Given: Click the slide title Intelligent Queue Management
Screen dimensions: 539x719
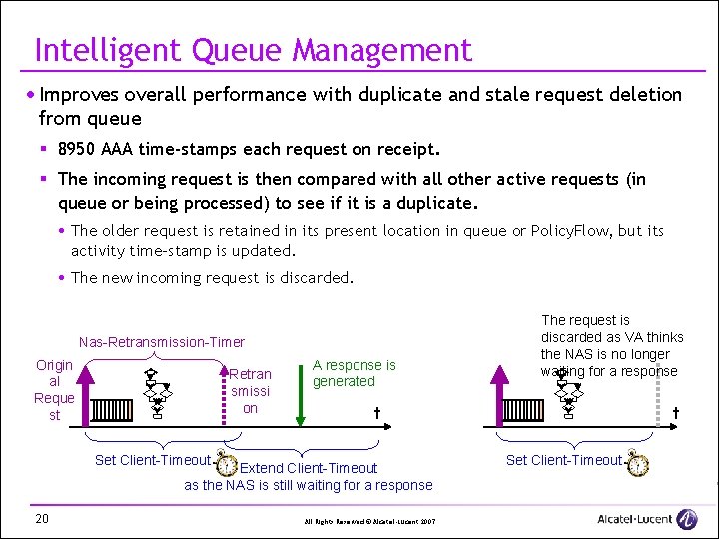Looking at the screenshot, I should (x=253, y=49).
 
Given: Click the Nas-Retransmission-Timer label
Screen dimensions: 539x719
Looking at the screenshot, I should (x=162, y=342).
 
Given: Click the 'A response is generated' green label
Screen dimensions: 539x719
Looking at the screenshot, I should (x=354, y=373).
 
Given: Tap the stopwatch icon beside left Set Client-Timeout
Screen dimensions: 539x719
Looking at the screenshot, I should (x=226, y=465).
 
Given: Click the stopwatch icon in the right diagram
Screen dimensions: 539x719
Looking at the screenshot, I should (x=638, y=464).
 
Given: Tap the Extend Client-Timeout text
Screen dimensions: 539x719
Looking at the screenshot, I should (x=310, y=468).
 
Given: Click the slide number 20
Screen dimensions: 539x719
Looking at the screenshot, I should (x=42, y=517).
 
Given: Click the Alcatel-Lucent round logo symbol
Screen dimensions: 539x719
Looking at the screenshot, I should (x=687, y=518).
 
